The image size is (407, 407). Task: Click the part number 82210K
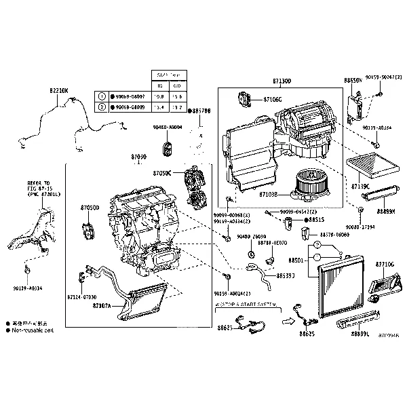pos(58,90)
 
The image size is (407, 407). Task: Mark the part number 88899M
pos(387,212)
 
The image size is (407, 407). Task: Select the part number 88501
pos(296,260)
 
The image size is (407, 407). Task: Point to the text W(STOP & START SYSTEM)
pos(246,306)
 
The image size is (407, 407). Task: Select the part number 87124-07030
pos(81,296)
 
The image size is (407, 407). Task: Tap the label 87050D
pos(90,208)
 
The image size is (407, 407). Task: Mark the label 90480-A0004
pos(167,127)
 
